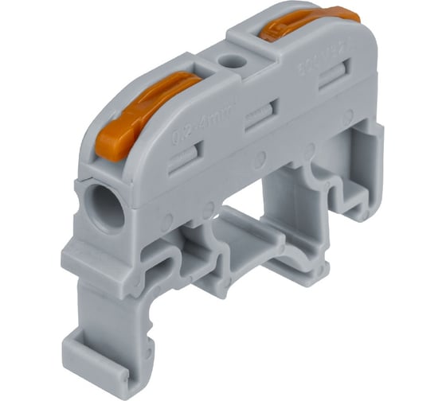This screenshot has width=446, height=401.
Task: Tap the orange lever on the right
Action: [307, 23]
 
